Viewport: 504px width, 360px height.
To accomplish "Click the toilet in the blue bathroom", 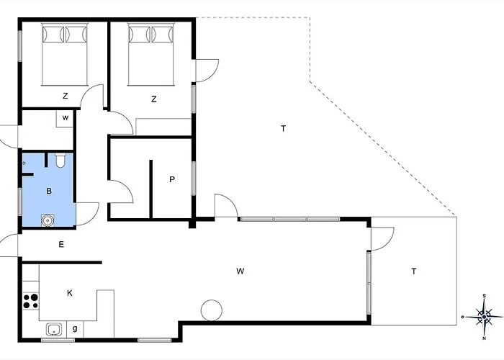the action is point(60,161).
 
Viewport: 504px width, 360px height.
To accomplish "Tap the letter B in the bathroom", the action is point(49,192).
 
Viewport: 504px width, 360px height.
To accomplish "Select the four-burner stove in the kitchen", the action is point(30,301).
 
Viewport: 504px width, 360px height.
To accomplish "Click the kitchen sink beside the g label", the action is point(53,330).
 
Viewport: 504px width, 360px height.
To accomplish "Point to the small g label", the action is point(75,328).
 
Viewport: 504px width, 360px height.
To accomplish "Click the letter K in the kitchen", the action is point(70,293).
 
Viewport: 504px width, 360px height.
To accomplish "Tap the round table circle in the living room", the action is point(211,310).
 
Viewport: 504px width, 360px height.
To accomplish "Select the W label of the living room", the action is point(240,271).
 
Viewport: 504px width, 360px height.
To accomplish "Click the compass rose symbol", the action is point(484,317).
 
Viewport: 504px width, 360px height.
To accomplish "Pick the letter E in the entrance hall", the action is point(61,245).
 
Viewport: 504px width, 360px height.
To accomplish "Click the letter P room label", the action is point(172,179).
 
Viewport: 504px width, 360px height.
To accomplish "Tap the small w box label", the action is point(66,118).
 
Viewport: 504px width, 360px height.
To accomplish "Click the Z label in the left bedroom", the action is point(66,96).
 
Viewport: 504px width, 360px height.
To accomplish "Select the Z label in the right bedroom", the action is point(153,99).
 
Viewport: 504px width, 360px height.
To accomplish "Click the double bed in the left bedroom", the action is point(65,54).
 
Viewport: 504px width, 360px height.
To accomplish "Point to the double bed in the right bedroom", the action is point(150,54).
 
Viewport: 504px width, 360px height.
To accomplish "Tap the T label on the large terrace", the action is point(283,129).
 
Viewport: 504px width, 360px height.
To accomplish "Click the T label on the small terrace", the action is point(414,271).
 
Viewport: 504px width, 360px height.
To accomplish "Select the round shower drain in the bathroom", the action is point(48,221).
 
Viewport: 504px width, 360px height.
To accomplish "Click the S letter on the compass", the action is point(485,296).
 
